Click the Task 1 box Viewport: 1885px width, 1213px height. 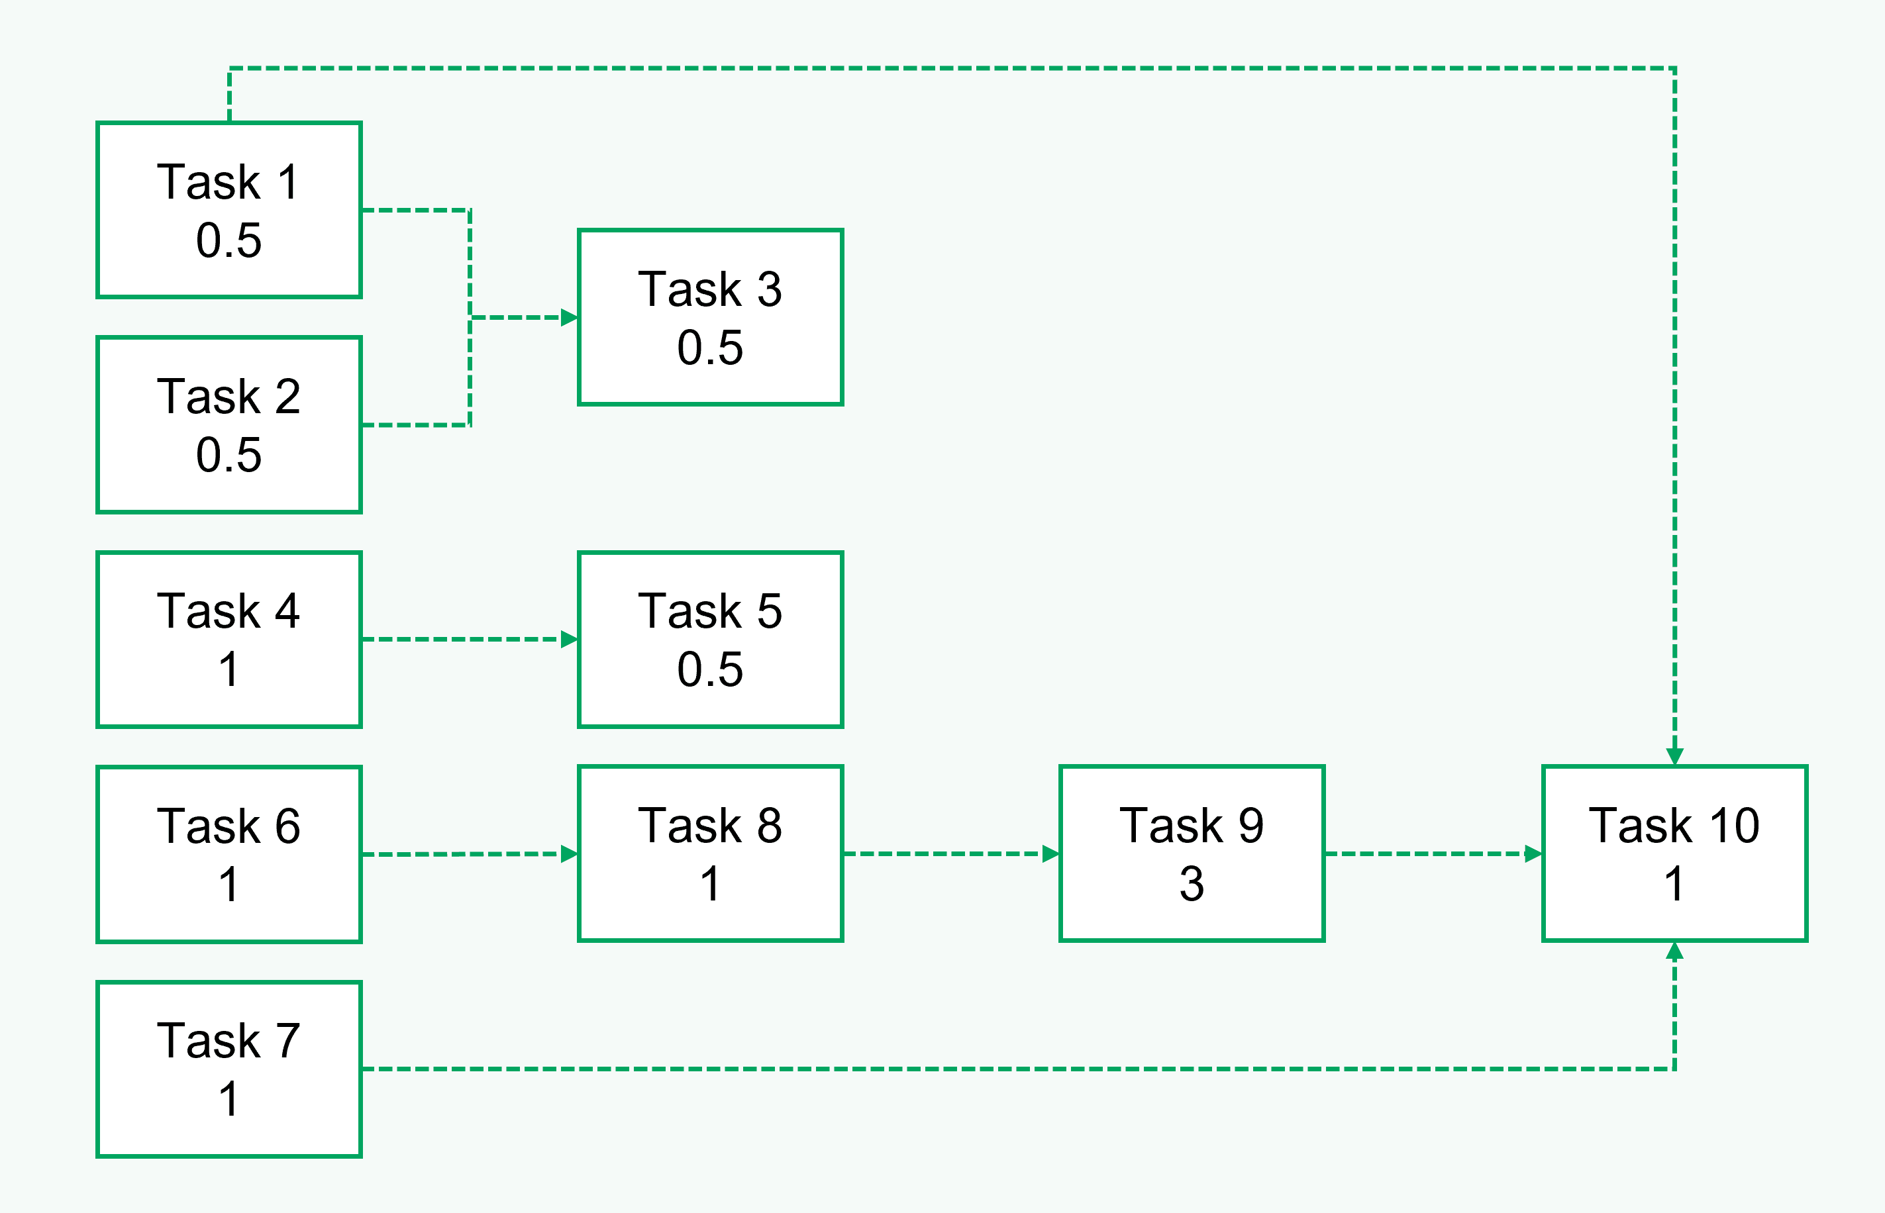point(229,209)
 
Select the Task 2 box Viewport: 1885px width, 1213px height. point(229,424)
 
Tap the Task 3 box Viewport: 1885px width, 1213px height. point(710,317)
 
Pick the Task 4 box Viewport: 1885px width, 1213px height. point(229,639)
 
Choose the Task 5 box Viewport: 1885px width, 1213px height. point(710,639)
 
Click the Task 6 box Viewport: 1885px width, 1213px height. point(229,854)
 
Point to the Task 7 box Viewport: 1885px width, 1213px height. point(229,1069)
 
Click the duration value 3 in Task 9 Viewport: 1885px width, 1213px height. point(1191,884)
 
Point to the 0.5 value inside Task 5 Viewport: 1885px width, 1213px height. point(710,669)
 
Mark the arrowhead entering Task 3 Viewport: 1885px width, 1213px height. point(569,317)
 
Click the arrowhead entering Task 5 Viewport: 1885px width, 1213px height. point(569,639)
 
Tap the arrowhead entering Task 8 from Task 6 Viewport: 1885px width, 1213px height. point(569,854)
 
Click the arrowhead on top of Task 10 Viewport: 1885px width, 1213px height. point(1674,756)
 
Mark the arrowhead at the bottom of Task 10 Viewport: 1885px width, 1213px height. point(1674,951)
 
